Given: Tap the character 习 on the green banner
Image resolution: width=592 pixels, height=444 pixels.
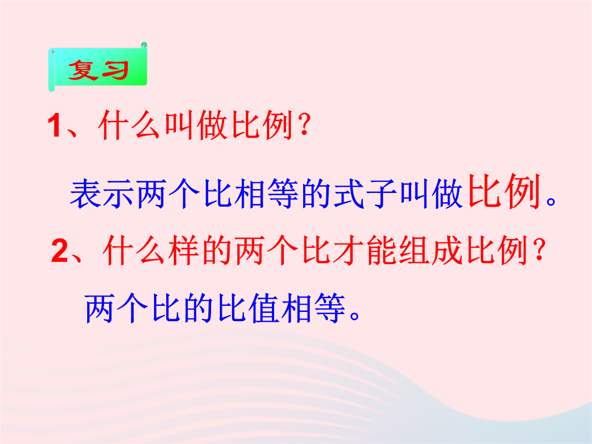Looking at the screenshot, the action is [x=113, y=70].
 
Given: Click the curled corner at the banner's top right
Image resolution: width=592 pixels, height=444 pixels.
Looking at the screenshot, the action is [x=144, y=45].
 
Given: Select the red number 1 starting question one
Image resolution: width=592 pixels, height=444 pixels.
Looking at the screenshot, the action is [x=54, y=126].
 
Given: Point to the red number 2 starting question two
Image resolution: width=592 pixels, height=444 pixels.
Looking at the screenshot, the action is [x=60, y=251].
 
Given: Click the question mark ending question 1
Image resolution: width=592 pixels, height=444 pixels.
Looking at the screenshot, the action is [x=304, y=125].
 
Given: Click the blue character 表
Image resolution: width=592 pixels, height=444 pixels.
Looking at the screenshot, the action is [x=86, y=193].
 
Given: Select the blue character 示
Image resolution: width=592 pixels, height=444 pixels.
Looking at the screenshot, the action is [x=118, y=193].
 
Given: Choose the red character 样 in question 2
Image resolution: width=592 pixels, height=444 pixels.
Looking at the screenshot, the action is [x=184, y=249].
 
